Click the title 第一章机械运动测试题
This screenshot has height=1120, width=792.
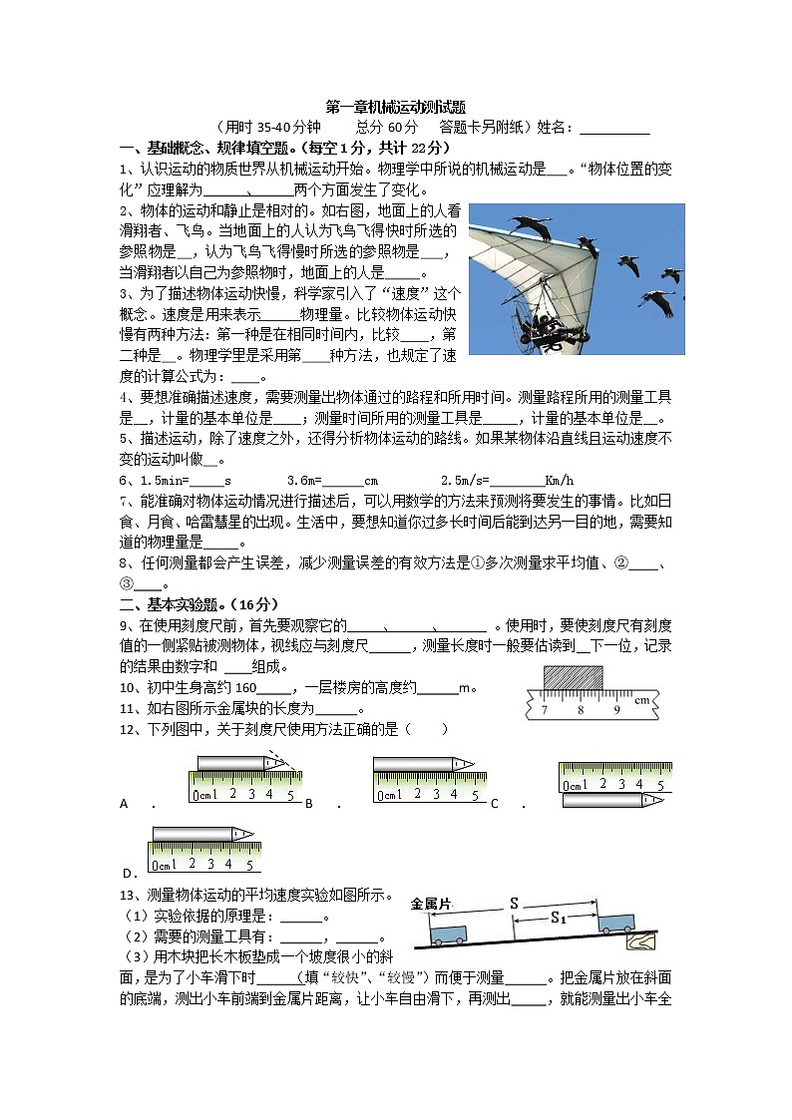point(396,107)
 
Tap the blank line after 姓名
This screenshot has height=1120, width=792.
point(613,128)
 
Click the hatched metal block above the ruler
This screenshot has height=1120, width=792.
point(573,678)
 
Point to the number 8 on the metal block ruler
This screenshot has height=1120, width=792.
point(580,710)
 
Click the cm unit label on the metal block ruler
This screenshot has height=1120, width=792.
point(641,701)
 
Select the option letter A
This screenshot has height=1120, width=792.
point(124,804)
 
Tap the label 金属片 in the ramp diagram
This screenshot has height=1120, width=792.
point(431,904)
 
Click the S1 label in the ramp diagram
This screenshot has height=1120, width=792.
point(558,920)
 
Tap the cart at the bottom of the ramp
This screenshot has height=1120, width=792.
point(448,933)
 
